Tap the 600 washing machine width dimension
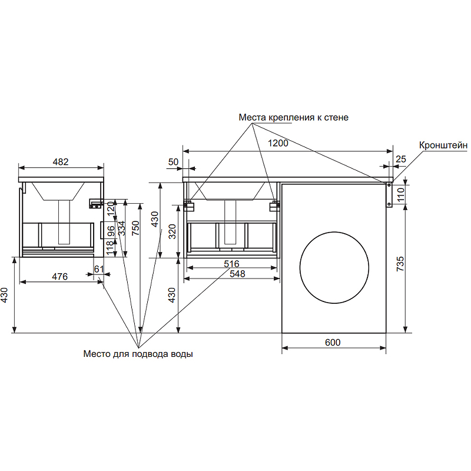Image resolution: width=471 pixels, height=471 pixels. point(333,342)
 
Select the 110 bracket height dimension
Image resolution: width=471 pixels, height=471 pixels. point(400,193)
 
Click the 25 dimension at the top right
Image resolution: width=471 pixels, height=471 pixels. point(401,159)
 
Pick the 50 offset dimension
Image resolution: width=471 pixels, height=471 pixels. point(173,161)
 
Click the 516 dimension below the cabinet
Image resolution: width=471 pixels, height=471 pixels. point(231,264)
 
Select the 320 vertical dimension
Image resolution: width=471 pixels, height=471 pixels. point(173,232)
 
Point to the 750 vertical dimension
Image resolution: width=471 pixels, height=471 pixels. point(135,228)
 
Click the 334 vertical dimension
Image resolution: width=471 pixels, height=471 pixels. point(122,228)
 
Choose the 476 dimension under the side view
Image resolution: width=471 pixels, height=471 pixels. point(61,276)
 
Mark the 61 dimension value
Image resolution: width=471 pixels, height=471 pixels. point(99,269)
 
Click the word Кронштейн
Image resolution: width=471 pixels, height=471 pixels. point(443,145)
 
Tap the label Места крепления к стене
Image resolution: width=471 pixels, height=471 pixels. point(293,117)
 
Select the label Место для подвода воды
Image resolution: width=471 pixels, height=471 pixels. point(138,354)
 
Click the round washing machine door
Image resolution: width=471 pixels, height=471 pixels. point(334,267)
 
